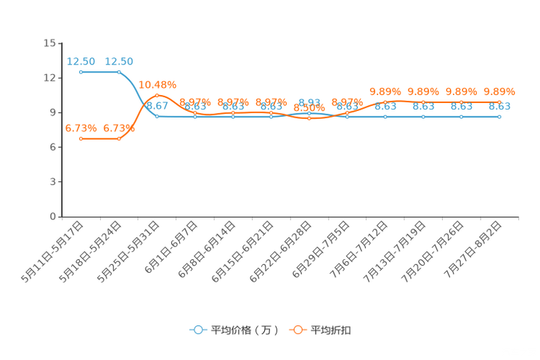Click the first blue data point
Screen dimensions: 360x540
[x=81, y=72]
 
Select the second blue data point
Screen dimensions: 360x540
[x=119, y=72]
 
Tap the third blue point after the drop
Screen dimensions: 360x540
[x=157, y=116]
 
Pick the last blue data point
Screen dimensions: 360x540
[x=499, y=116]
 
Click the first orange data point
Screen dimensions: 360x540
[x=81, y=139]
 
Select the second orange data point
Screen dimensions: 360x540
[x=119, y=139]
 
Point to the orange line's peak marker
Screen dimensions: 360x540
[x=157, y=95]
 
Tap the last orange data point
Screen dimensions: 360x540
[x=499, y=102]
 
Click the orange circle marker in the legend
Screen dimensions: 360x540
[x=298, y=330]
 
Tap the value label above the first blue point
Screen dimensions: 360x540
[x=81, y=61]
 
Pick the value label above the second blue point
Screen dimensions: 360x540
[x=119, y=61]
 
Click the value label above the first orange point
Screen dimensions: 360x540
[x=81, y=128]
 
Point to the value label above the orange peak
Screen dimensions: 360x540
[x=157, y=84]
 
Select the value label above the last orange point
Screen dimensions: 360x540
[x=499, y=92]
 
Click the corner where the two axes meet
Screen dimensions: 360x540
[x=61, y=216]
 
